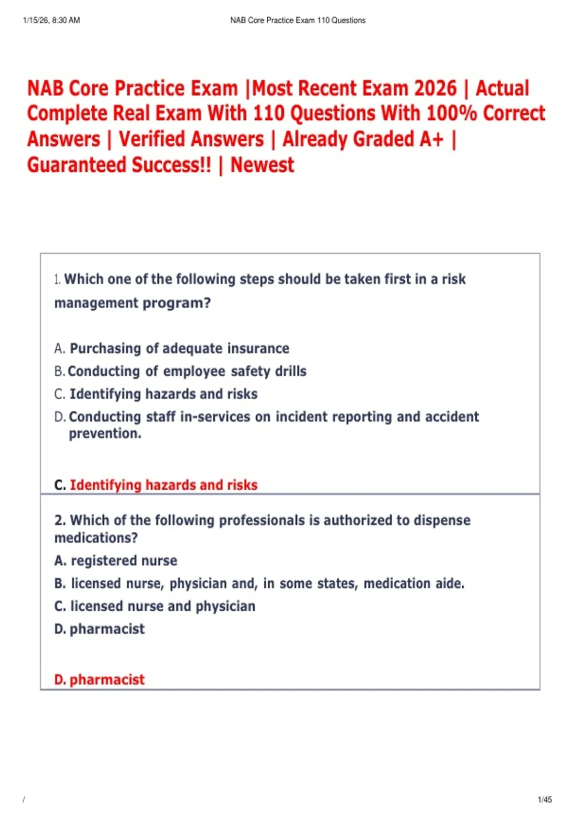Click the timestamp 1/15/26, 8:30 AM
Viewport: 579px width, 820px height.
[51, 20]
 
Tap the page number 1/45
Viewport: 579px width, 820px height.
[545, 799]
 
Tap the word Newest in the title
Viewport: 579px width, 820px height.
[262, 165]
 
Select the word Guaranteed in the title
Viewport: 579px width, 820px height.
[77, 165]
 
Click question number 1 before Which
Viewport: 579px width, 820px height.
[57, 279]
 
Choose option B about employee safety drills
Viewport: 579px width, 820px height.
[187, 371]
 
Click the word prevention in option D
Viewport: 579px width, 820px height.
[105, 434]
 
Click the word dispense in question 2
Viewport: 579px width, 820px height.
[442, 520]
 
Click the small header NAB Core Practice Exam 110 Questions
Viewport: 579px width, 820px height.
[298, 20]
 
